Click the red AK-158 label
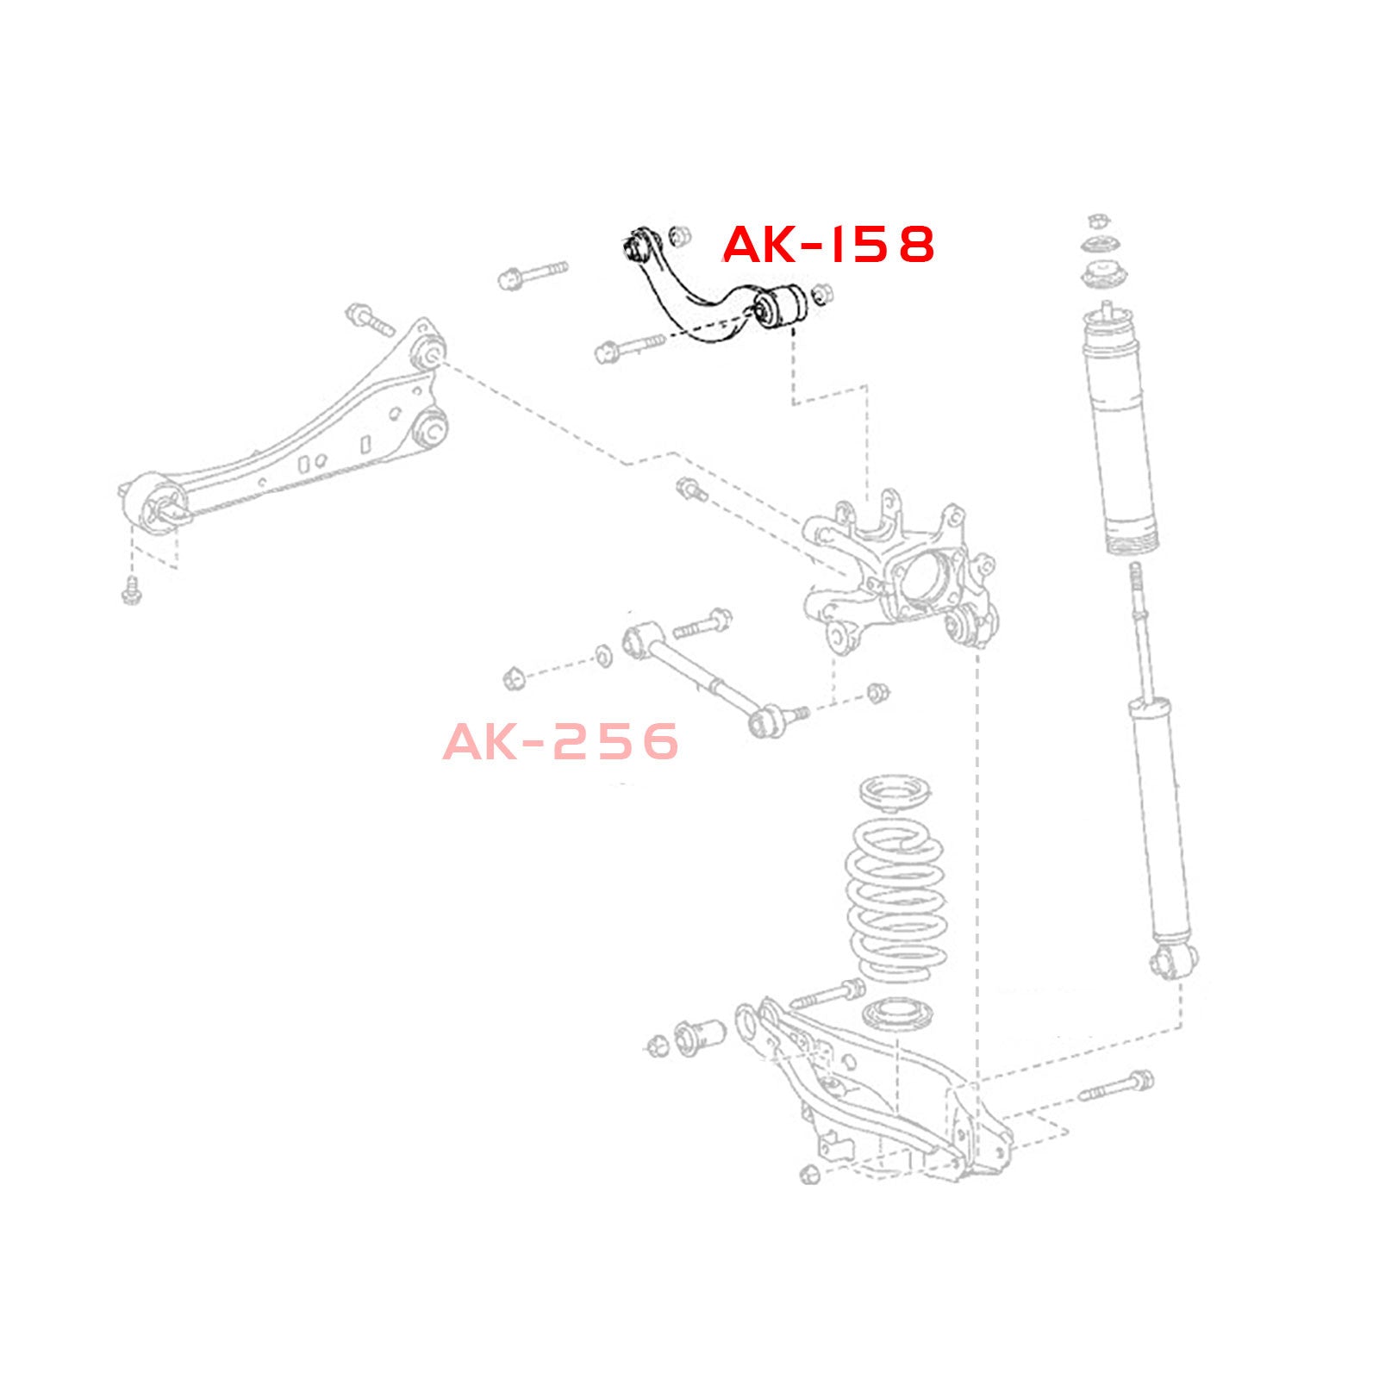[828, 245]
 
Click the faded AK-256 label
[561, 741]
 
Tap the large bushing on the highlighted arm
[780, 305]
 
